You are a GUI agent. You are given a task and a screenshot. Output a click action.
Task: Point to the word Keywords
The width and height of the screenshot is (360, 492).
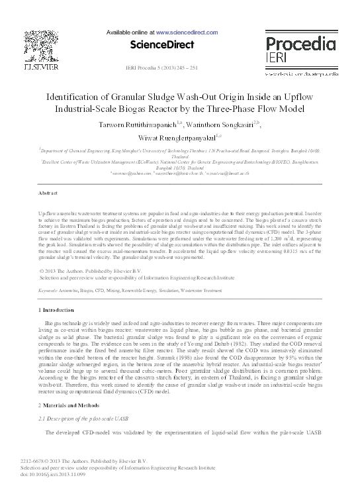coord(48,291)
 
